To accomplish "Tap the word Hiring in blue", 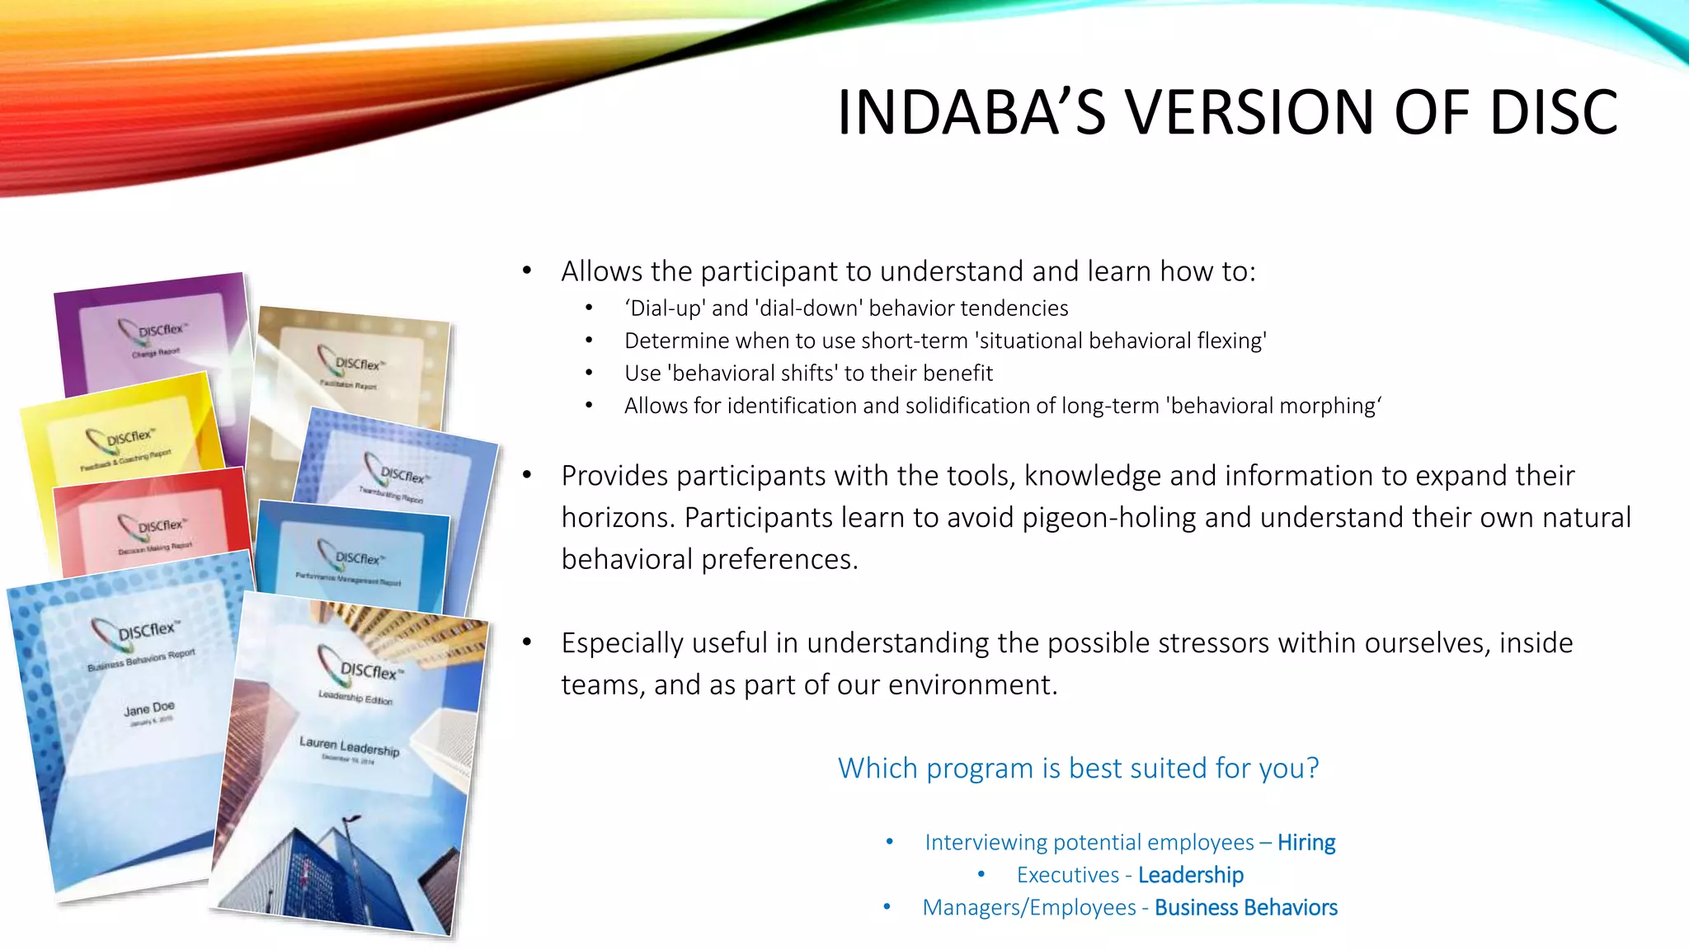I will (1306, 842).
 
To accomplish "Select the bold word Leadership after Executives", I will (1191, 875).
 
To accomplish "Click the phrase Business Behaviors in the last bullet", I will (1245, 907).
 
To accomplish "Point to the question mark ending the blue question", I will (1312, 768).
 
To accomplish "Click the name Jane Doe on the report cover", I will (149, 708).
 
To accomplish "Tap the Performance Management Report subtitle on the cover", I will (348, 578).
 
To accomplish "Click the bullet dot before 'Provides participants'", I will (527, 476).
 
